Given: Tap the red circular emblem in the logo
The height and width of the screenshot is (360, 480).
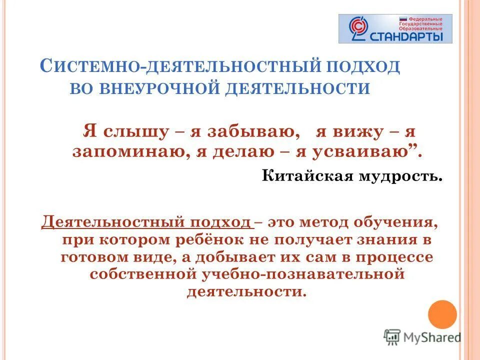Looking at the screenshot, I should pyautogui.click(x=358, y=28).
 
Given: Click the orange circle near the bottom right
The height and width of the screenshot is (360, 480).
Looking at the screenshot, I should pyautogui.click(x=442, y=314).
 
